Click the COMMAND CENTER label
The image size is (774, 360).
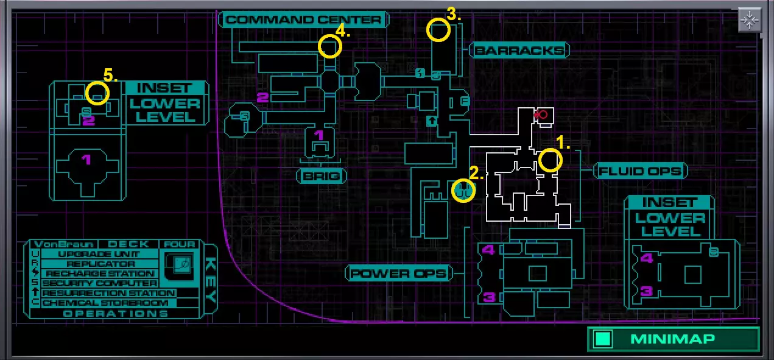click(x=304, y=20)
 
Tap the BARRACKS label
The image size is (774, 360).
click(x=519, y=51)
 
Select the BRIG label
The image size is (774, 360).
click(x=321, y=177)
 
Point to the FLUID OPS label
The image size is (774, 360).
click(x=639, y=171)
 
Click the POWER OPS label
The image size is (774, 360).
click(x=399, y=273)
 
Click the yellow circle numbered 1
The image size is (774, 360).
click(x=550, y=160)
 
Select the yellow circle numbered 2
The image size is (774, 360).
click(x=463, y=191)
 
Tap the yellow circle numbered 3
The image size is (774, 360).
click(x=438, y=30)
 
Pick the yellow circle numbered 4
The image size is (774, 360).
click(x=329, y=46)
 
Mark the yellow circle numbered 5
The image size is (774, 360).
click(x=97, y=93)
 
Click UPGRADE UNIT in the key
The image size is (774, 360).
click(x=99, y=254)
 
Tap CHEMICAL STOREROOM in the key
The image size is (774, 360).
click(x=105, y=303)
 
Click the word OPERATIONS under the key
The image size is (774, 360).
click(x=116, y=313)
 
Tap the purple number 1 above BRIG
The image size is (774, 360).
click(x=319, y=135)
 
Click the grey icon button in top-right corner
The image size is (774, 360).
click(x=749, y=20)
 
